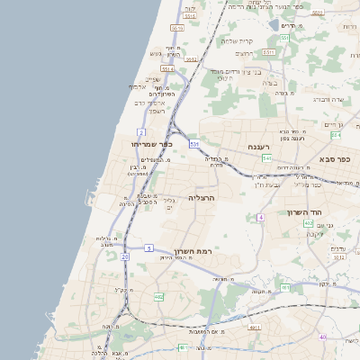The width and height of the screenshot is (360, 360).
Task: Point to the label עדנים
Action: click(x=338, y=248)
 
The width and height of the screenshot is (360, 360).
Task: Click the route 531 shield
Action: click(x=193, y=143)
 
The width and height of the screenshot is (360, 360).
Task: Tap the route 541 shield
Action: click(x=267, y=157)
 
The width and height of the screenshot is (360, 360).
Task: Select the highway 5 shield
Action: click(x=148, y=247)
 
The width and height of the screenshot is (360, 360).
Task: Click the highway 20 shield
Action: click(x=125, y=257)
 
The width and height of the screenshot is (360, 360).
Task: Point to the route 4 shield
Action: click(x=261, y=218)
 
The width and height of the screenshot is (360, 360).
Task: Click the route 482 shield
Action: click(x=158, y=296)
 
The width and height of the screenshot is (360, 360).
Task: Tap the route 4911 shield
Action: click(x=255, y=328)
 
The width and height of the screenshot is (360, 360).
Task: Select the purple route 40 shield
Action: click(x=323, y=337)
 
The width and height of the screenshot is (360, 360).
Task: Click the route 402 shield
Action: click(x=308, y=223)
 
